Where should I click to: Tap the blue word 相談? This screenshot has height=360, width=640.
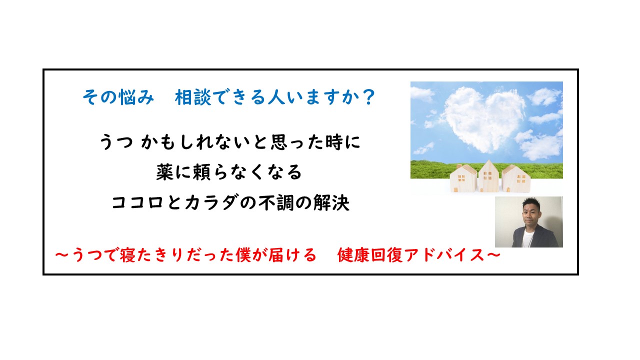click(x=193, y=97)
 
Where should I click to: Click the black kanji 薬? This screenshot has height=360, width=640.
click(x=165, y=172)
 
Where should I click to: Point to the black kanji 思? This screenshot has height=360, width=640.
click(x=279, y=142)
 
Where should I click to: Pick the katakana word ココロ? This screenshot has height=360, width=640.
click(x=137, y=202)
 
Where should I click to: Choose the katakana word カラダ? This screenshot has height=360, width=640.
click(x=211, y=202)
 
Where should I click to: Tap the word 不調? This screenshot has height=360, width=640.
click(x=276, y=202)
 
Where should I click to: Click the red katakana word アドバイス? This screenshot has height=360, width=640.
click(x=444, y=255)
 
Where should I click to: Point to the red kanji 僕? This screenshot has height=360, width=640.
click(x=243, y=255)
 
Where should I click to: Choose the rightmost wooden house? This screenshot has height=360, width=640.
click(x=515, y=179)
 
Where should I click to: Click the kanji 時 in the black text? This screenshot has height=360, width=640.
click(x=334, y=142)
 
